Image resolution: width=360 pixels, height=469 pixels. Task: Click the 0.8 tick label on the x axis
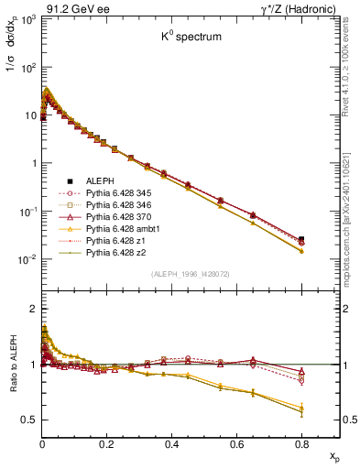pyautogui.click(x=301, y=442)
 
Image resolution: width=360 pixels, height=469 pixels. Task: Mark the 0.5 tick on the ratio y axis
pyautogui.click(x=29, y=420)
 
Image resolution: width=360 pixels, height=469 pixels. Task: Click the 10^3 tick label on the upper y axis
pyautogui.click(x=27, y=20)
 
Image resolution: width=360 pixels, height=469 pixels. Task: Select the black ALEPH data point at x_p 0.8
pyautogui.click(x=301, y=239)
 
